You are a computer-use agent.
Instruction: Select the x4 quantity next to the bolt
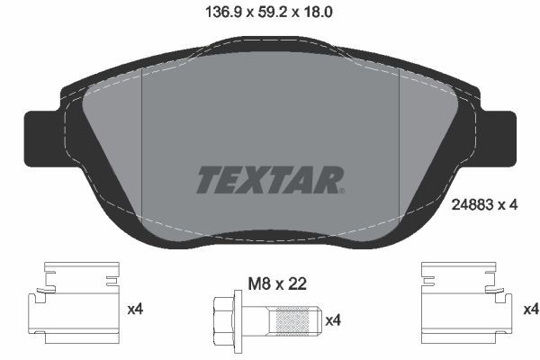333,319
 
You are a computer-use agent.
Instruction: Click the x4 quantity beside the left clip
136,310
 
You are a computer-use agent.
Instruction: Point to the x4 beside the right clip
531,310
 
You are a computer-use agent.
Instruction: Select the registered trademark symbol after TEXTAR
341,190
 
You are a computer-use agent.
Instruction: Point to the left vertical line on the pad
144,157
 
